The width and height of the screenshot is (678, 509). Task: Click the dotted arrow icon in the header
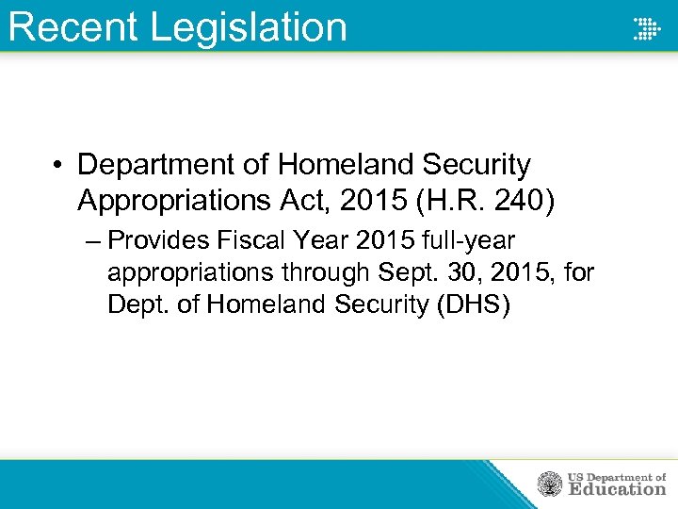[646, 27]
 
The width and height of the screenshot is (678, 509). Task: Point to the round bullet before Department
[58, 166]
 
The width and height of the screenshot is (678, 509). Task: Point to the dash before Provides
[90, 239]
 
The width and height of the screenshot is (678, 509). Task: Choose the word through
[323, 272]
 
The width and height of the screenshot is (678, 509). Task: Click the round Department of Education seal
[550, 484]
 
